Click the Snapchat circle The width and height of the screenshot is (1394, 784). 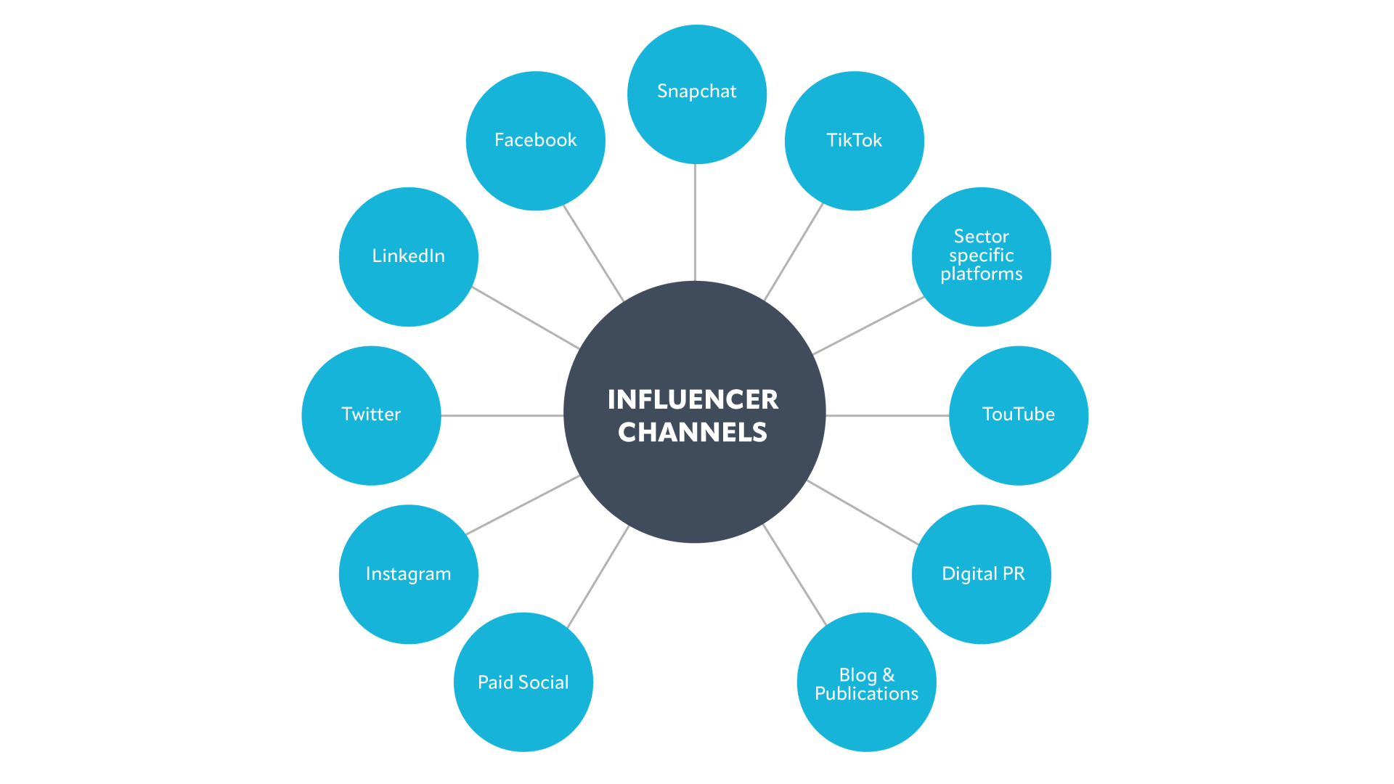tap(696, 94)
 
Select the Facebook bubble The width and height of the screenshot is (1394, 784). tap(535, 141)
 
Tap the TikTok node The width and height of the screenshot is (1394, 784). tap(854, 141)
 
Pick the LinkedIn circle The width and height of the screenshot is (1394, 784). tap(408, 257)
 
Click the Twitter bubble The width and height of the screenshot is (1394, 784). tap(371, 415)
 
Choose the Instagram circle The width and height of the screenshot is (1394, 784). tap(408, 574)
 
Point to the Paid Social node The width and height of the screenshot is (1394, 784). tap(523, 682)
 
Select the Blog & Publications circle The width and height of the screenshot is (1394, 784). tap(866, 682)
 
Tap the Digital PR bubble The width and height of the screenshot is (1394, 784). tap(982, 574)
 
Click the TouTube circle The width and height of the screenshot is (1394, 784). tap(1018, 415)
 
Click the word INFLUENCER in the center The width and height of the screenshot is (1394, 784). tap(693, 399)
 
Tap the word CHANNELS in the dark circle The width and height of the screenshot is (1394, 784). tap(693, 433)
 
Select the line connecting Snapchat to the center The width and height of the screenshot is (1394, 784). tap(695, 222)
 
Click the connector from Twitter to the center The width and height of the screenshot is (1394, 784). tap(502, 415)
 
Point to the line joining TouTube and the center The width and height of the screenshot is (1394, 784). tap(887, 415)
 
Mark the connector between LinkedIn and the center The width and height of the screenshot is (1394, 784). tap(525, 318)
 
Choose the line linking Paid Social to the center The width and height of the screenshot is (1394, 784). tap(598, 576)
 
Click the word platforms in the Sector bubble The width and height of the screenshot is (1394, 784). tap(981, 274)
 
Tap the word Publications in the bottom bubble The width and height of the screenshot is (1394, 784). tap(866, 694)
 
